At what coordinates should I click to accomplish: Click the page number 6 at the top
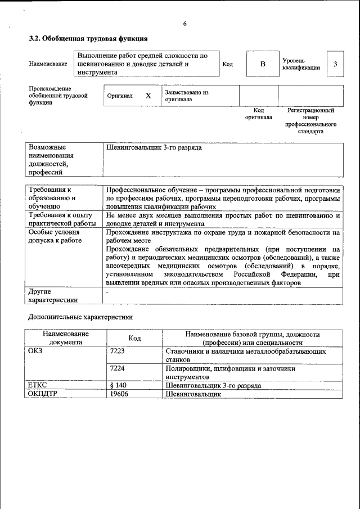pyautogui.click(x=184, y=24)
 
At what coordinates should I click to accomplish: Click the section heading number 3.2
pyautogui.click(x=35, y=39)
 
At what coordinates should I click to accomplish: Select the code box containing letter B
pyautogui.click(x=262, y=64)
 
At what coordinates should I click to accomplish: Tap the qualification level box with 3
pyautogui.click(x=335, y=64)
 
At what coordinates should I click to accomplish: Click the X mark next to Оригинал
pyautogui.click(x=148, y=96)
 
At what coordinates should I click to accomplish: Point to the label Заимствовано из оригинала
pyautogui.click(x=187, y=96)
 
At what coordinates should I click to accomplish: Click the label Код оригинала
pyautogui.click(x=259, y=114)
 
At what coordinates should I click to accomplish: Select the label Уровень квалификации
pyautogui.click(x=301, y=64)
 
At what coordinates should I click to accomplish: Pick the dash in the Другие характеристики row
pyautogui.click(x=107, y=292)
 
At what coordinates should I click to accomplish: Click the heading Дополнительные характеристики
pyautogui.click(x=80, y=317)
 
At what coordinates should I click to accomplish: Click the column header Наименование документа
pyautogui.click(x=65, y=337)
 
